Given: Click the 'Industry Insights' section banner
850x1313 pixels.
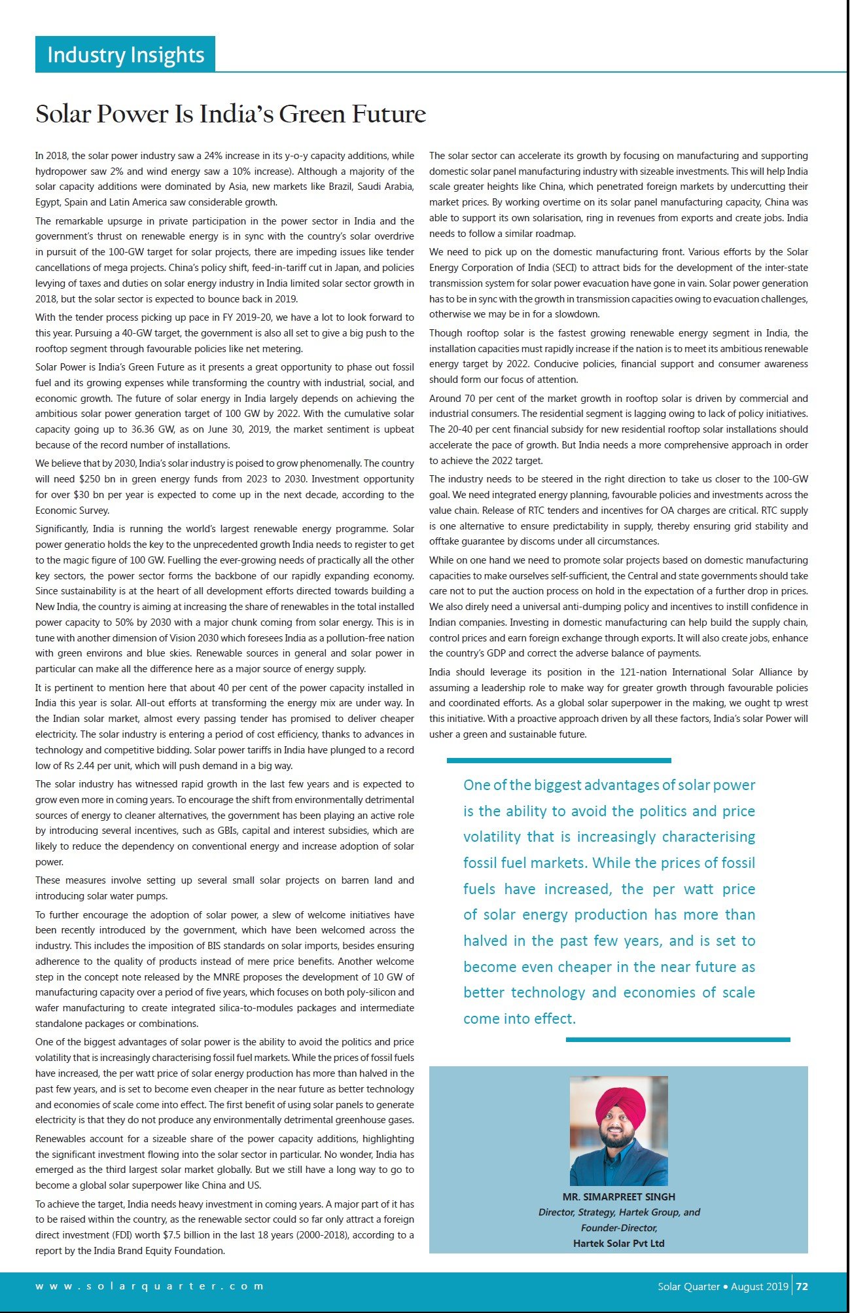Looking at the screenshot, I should tap(125, 54).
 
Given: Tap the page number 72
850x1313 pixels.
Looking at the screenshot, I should tap(802, 1286).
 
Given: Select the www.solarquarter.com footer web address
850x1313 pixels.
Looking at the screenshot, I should tap(149, 1286).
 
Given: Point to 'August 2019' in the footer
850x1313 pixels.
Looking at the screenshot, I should tap(759, 1286).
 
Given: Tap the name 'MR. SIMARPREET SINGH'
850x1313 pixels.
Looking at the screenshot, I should tap(618, 1196).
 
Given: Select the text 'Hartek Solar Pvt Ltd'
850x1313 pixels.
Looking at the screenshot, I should tap(618, 1243).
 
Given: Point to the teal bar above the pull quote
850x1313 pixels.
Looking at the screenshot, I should tap(559, 761).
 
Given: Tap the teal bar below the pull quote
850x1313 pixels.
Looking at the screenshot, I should tap(678, 1039).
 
